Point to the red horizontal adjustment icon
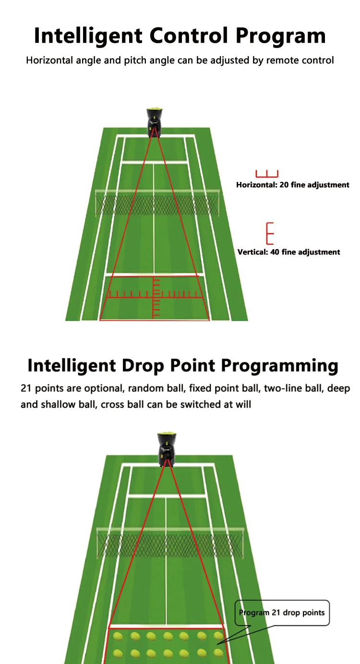tap(267, 173)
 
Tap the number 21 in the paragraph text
tap(25, 388)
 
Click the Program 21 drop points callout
tap(282, 613)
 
